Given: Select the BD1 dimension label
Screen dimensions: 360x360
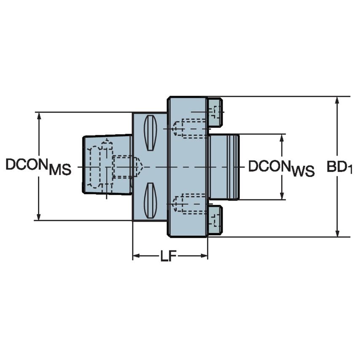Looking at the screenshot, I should [339, 167].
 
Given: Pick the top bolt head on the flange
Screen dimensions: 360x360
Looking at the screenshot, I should [215, 112].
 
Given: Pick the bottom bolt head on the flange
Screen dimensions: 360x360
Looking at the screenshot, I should [215, 220].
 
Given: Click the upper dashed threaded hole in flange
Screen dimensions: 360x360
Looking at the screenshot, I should [190, 128].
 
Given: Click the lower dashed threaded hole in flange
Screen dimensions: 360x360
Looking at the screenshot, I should [190, 204].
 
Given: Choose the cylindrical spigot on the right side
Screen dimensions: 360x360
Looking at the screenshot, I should [224, 167].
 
